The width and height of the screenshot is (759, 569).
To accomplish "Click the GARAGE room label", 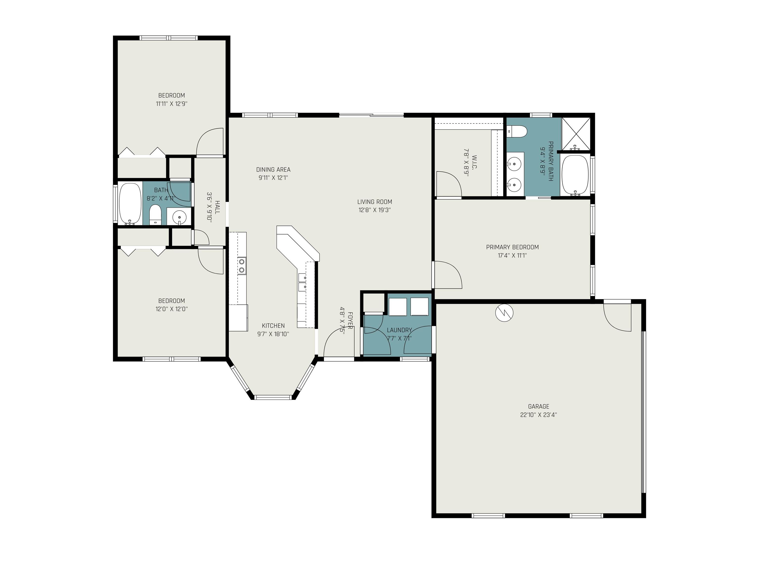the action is click(x=538, y=406).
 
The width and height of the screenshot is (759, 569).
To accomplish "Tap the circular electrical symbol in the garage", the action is click(x=504, y=313).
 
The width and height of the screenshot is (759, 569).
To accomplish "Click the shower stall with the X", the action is click(x=575, y=134).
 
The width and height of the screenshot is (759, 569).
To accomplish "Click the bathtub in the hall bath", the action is click(x=130, y=204).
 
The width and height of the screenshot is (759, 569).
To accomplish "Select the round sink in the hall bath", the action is click(x=179, y=217).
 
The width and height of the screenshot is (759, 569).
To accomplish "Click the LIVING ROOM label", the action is click(x=375, y=202).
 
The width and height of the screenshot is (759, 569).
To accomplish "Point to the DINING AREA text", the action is click(x=274, y=169).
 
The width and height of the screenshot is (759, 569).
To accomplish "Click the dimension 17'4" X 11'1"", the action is click(x=512, y=256).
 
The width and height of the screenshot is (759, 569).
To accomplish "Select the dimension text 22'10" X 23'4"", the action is click(x=538, y=415).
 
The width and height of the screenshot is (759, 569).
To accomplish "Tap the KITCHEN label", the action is click(x=274, y=326).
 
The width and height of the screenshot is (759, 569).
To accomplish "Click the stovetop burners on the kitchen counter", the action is click(x=242, y=266).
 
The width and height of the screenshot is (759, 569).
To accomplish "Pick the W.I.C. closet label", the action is click(x=475, y=162).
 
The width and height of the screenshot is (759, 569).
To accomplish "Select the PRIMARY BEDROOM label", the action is click(x=512, y=247).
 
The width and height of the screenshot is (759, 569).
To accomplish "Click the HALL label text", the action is click(x=217, y=207).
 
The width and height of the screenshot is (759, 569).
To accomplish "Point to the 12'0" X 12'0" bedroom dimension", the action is click(x=171, y=309).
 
